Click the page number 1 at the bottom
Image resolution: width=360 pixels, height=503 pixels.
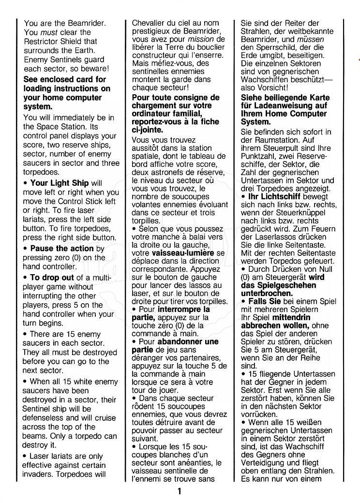tap(179, 492)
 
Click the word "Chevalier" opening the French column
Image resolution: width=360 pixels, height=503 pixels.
tap(149, 23)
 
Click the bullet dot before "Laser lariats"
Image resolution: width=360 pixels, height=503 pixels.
tap(25, 456)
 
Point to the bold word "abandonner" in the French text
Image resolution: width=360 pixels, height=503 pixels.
tap(182, 341)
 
